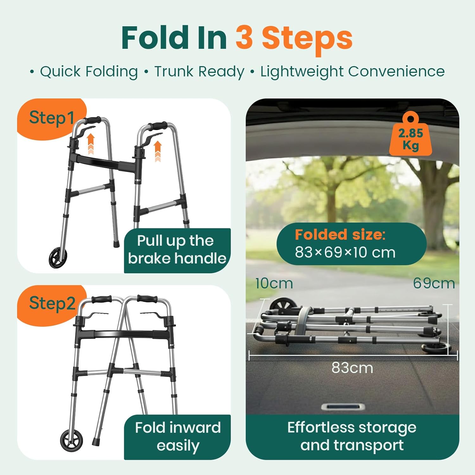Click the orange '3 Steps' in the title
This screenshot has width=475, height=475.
294,38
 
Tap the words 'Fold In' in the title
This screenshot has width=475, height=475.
174,38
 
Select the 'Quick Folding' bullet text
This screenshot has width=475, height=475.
89,72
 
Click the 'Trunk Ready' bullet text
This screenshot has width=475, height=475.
199,72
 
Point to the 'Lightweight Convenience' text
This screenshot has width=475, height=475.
352,72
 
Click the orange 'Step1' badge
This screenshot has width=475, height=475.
51,118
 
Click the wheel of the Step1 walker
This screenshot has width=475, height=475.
58,258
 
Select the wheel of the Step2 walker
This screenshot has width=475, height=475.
72,440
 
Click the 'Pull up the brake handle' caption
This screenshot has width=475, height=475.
177,250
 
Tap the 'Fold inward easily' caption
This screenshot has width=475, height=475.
178,436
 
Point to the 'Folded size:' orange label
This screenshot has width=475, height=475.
340,235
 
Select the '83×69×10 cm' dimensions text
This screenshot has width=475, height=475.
345,252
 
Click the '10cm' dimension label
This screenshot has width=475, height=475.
274,283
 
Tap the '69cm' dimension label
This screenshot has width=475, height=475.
434,283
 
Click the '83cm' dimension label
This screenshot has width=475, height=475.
352,368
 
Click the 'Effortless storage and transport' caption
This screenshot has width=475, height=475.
352,436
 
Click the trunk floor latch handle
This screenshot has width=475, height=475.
343,407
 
